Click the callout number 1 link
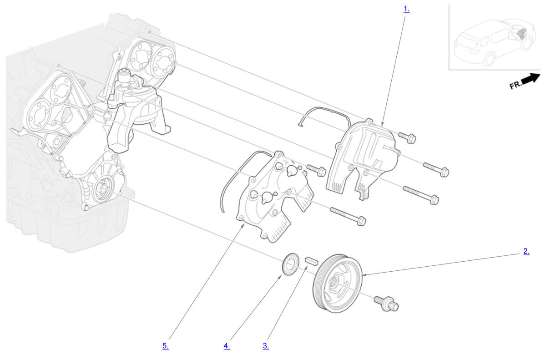[x=406, y=9]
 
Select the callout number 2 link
[x=526, y=251]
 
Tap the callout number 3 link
[x=266, y=345]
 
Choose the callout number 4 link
[x=227, y=345]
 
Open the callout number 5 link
[x=166, y=345]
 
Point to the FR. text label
[x=515, y=86]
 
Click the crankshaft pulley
[x=337, y=284]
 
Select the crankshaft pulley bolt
[x=386, y=304]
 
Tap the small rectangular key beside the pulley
[x=312, y=261]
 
